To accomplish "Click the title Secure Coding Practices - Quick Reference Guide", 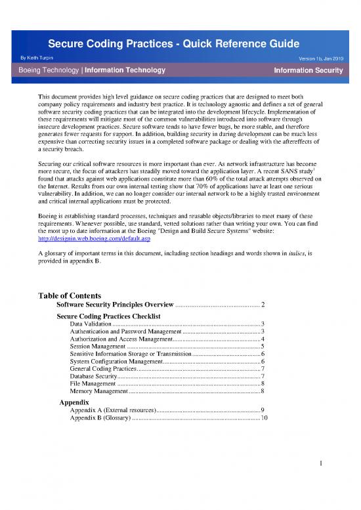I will pyautogui.click(x=180, y=44).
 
